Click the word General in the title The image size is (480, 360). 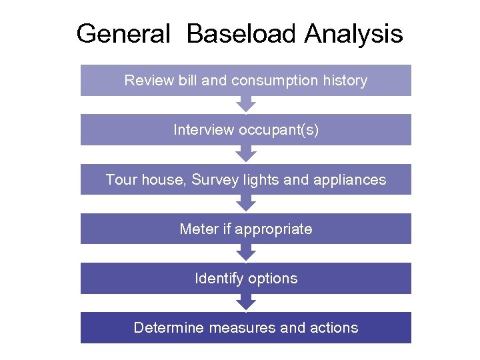coord(123,33)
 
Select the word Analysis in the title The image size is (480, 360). coord(353,33)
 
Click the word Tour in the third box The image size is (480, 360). coord(120,179)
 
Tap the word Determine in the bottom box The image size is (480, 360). coord(169,328)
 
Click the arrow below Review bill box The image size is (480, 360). coord(246,105)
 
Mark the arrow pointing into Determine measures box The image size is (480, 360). coord(246,303)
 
